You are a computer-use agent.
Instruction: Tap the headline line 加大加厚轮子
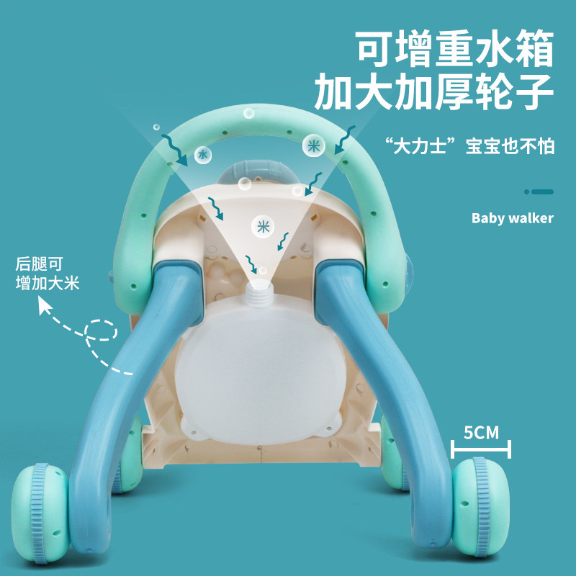click(433, 93)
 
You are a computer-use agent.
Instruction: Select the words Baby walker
click(512, 217)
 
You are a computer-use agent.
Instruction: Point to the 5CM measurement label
click(481, 433)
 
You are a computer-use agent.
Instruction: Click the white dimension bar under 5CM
click(480, 451)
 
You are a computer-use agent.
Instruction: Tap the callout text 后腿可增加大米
click(48, 274)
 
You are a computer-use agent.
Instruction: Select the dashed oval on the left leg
click(100, 330)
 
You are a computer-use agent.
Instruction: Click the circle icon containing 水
click(203, 155)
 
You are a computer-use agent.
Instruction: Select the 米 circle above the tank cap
click(262, 226)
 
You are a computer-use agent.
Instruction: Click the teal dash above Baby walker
click(539, 192)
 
